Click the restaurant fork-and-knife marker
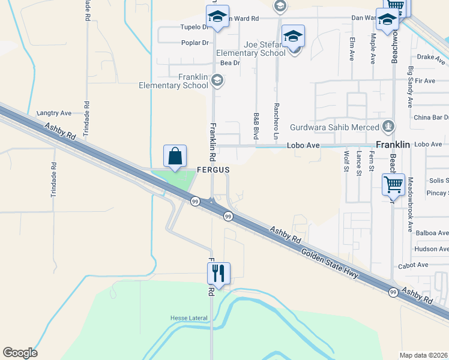(218, 274)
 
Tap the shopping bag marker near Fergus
(175, 157)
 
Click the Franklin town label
(393, 145)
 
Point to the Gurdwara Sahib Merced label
(335, 127)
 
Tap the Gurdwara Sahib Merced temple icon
(389, 127)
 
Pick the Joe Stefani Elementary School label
(256, 49)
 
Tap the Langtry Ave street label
(54, 113)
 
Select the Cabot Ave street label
(413, 265)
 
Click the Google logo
(20, 353)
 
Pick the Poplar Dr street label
(195, 43)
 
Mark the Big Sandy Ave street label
(411, 88)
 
